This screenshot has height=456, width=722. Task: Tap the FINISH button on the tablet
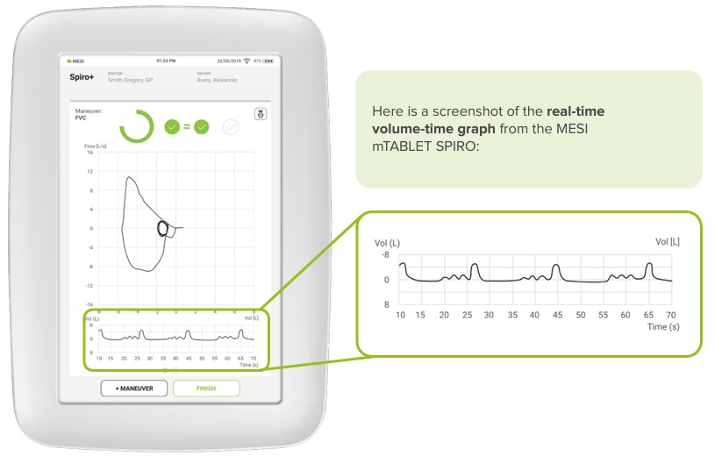pos(206,387)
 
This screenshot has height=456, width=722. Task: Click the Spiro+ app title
pos(82,77)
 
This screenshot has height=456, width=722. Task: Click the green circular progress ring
pos(137,127)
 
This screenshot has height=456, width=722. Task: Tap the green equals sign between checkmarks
pos(187,127)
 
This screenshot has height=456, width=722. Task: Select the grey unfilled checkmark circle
pos(231,127)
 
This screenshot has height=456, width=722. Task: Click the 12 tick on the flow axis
pos(90,172)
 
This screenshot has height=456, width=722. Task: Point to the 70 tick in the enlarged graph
pos(670,314)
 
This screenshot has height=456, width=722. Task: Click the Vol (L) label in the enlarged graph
pos(387,242)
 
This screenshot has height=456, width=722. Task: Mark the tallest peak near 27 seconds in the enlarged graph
pos(475,265)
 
